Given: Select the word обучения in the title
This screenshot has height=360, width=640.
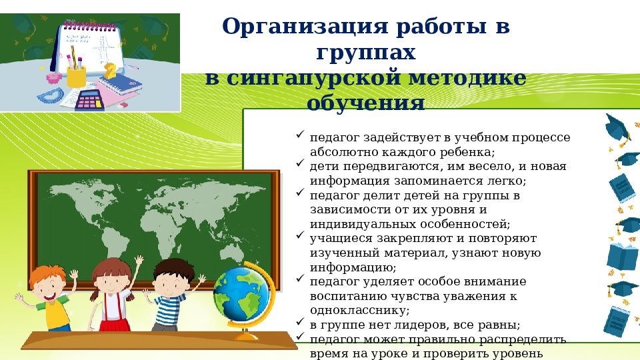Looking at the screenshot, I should click(365, 103).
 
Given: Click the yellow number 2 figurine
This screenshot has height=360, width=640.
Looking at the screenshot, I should click(111, 70).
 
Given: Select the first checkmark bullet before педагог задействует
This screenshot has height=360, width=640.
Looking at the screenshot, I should click(300, 135).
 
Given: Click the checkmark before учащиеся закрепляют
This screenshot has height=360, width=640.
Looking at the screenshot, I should click(300, 237).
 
